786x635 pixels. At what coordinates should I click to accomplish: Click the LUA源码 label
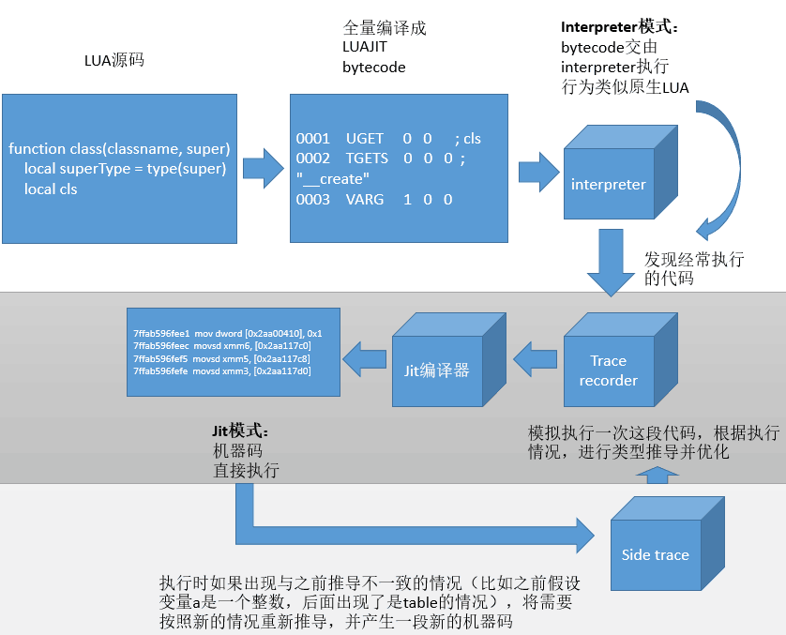[x=114, y=61]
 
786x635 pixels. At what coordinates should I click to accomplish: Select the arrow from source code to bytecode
[x=263, y=169]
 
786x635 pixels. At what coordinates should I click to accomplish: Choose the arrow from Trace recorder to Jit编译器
[x=537, y=356]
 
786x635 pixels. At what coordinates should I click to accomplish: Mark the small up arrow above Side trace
[x=656, y=476]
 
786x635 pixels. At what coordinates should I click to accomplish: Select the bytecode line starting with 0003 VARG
[x=374, y=200]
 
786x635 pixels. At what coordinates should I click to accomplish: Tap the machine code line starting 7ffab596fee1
[x=228, y=333]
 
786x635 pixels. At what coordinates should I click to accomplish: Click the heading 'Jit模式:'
[x=241, y=431]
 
